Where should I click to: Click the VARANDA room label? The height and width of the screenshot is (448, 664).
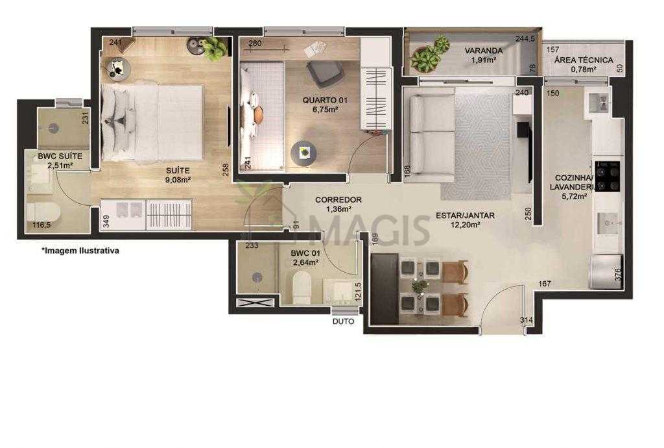[484, 51]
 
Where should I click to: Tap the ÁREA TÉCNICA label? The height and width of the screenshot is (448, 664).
[584, 60]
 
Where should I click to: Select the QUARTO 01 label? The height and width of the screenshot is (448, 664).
[325, 101]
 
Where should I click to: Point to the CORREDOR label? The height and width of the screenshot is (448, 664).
[338, 199]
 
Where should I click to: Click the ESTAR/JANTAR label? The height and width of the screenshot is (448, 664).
[465, 216]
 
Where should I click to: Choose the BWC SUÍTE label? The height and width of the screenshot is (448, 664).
[60, 156]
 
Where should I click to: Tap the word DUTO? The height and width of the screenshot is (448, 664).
[344, 321]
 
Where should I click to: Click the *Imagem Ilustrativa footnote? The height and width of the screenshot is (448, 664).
[80, 251]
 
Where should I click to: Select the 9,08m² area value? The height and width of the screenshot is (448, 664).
[178, 180]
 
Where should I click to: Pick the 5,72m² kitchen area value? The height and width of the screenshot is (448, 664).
[574, 196]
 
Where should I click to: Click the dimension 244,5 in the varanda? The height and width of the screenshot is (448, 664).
[525, 38]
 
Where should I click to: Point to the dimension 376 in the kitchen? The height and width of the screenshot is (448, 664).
[617, 275]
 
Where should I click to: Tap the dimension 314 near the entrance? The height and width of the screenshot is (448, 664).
[527, 321]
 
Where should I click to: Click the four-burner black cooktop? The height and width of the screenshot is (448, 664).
[607, 177]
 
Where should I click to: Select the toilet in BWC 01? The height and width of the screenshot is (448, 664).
[302, 288]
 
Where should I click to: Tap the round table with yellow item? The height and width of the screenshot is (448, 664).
[303, 153]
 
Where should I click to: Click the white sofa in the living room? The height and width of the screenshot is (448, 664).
[429, 136]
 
